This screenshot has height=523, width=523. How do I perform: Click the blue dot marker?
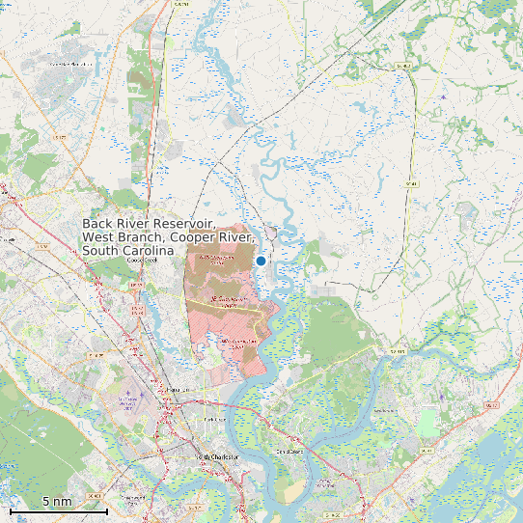pos(261,261)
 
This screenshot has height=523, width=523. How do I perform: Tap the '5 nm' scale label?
pos(57,502)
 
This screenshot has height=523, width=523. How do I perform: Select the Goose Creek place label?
pos(142,260)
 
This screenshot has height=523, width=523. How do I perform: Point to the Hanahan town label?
pos(174,390)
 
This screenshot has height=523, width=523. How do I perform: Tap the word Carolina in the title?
pos(141,251)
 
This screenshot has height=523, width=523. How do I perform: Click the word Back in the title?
pos(98,222)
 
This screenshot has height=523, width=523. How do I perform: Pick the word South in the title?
pos(100,251)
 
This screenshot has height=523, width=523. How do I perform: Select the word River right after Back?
pos(135,222)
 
